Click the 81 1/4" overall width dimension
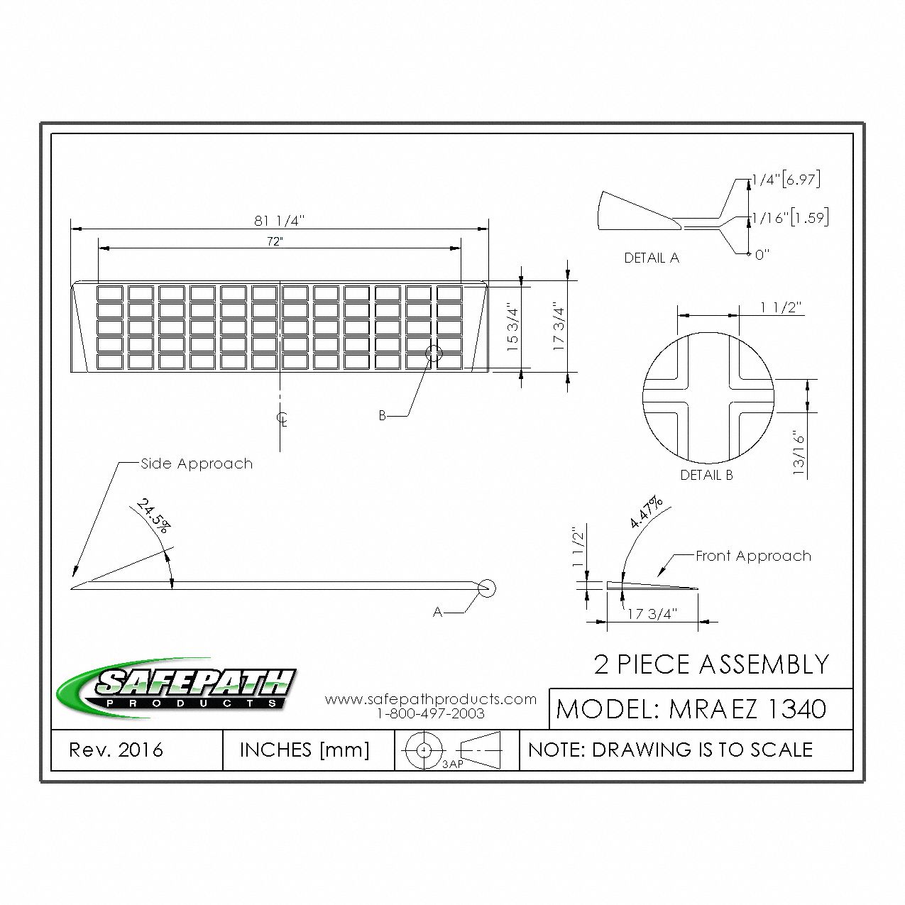click(x=280, y=220)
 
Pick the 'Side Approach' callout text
click(x=197, y=464)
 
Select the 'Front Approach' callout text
click(x=753, y=556)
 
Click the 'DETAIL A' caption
click(x=652, y=258)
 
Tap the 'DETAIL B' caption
click(x=706, y=476)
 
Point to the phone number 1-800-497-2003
click(x=431, y=713)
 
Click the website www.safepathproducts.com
click(x=431, y=699)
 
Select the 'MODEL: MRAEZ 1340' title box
click(x=692, y=708)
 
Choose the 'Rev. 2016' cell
click(x=116, y=750)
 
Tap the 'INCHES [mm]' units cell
click(x=305, y=750)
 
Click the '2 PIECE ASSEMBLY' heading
click(x=711, y=664)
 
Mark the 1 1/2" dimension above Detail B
click(x=781, y=307)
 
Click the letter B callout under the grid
click(x=382, y=416)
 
